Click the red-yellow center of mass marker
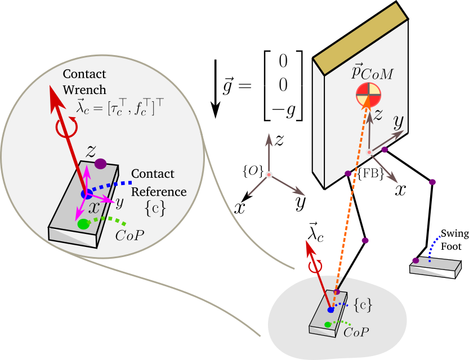click(x=366, y=95)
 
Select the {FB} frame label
click(x=372, y=174)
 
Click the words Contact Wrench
click(x=84, y=81)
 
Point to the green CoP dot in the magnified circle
click(x=83, y=224)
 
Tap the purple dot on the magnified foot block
click(x=101, y=164)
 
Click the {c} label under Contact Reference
click(x=155, y=208)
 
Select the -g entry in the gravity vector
click(x=283, y=110)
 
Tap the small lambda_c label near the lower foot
click(x=315, y=232)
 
